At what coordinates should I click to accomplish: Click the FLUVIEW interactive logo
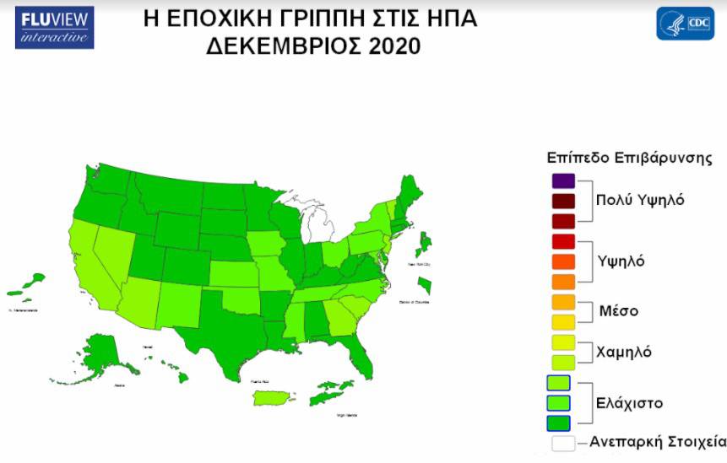(x=54, y=27)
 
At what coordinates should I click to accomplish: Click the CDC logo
(x=685, y=24)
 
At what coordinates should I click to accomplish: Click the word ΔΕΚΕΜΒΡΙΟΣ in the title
(x=285, y=46)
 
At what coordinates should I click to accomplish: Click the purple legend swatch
(x=563, y=180)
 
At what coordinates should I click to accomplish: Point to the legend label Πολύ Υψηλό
(x=639, y=201)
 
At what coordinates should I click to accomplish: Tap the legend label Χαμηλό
(x=623, y=352)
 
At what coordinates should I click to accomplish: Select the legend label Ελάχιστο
(x=627, y=402)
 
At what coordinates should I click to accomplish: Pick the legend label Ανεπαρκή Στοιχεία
(x=657, y=441)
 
